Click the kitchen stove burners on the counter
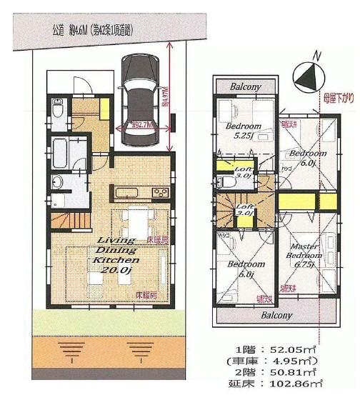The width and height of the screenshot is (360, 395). click(159, 193)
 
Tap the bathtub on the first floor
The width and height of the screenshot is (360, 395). click(60, 152)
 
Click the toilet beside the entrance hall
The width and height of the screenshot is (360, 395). click(58, 111)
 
